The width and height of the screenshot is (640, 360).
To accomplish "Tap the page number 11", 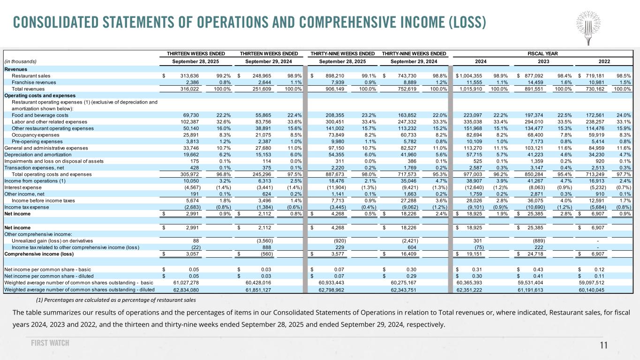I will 604,345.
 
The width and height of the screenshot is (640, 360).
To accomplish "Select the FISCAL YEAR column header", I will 543,53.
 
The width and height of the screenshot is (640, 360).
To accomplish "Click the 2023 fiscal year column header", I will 543,61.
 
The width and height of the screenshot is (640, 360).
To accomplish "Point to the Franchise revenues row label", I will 34,82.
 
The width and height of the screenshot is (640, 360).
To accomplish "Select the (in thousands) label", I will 20,61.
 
